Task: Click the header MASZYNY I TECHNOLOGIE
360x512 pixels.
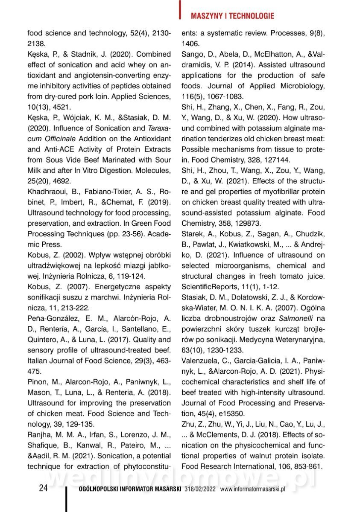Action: pyautogui.click(x=232, y=16)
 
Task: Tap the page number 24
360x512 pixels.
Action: pyautogui.click(x=43, y=489)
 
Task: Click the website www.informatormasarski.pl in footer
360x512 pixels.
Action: pyautogui.click(x=252, y=489)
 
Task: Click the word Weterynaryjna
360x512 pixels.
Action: pyautogui.click(x=301, y=340)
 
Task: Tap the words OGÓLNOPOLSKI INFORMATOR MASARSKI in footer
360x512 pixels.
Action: pyautogui.click(x=131, y=489)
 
